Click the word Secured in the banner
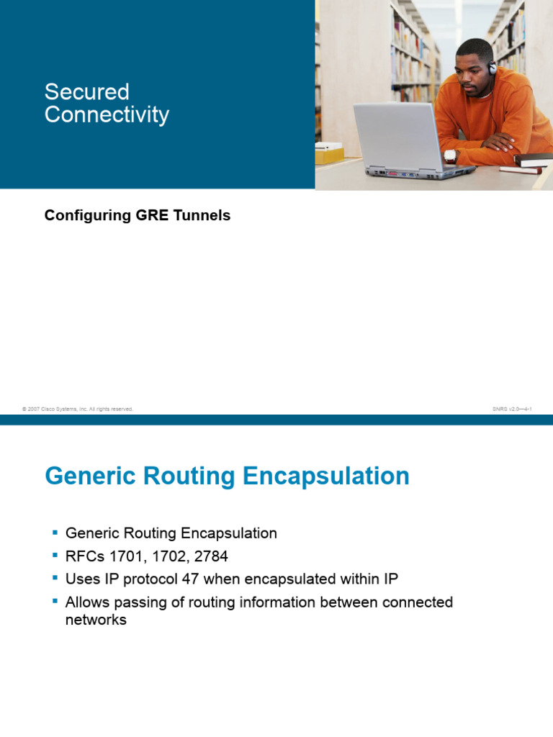[x=86, y=92]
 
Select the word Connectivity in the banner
[x=107, y=115]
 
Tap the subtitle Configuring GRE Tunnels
[x=138, y=215]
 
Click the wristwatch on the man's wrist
[x=451, y=155]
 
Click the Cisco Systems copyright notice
[x=78, y=409]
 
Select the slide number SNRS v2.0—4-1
[x=512, y=409]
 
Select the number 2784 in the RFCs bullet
[x=211, y=556]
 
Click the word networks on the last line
[x=96, y=620]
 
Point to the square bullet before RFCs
[x=55, y=555]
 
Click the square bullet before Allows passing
[x=55, y=600]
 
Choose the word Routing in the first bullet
[x=148, y=533]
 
